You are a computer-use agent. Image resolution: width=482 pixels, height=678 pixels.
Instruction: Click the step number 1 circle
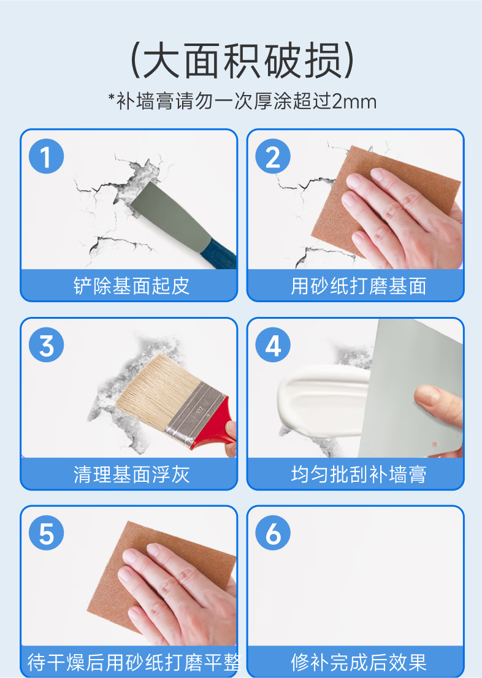[x=46, y=156]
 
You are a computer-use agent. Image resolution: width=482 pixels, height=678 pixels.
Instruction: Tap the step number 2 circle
[x=273, y=156]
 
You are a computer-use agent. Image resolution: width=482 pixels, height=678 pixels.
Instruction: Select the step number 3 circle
[x=46, y=345]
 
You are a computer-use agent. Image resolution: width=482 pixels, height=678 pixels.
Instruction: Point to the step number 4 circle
[x=273, y=345]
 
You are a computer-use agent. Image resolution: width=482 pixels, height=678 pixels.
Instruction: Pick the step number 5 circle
[x=46, y=533]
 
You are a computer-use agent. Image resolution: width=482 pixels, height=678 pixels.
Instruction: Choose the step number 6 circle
[x=273, y=533]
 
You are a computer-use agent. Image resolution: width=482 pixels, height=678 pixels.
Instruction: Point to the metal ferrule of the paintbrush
[x=197, y=414]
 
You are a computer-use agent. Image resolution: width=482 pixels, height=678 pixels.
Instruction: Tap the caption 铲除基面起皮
[x=131, y=286]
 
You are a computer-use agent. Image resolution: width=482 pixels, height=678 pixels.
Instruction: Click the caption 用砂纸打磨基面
[x=359, y=286]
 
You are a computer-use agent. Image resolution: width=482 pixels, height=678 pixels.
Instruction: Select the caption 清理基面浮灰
[x=131, y=474]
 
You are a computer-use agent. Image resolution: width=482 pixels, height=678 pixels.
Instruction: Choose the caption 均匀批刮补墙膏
[x=359, y=474]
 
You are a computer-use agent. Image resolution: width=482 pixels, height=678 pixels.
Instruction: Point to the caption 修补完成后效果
[x=359, y=662]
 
